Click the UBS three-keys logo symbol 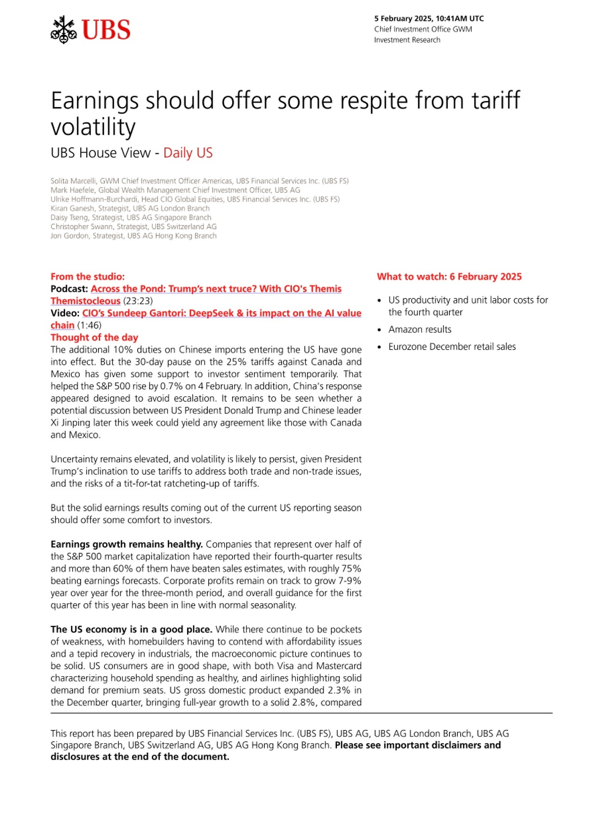point(64,30)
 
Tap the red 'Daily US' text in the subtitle point(188,153)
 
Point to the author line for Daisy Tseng point(130,218)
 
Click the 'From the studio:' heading point(88,277)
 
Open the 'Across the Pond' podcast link point(216,289)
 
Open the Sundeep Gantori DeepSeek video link point(221,313)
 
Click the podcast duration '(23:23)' point(138,301)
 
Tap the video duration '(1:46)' point(89,326)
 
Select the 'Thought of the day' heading point(94,337)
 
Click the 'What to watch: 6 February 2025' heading point(449,277)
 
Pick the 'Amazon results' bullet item point(420,329)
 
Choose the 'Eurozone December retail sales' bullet point(452,347)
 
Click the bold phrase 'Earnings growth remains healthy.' point(126,544)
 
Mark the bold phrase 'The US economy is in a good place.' point(131,630)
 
